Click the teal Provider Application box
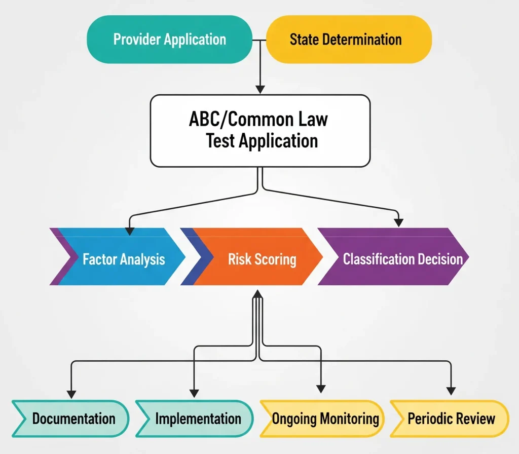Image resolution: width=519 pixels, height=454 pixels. click(169, 40)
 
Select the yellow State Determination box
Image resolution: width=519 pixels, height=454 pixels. click(349, 40)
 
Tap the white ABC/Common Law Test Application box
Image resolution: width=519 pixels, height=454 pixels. click(260, 131)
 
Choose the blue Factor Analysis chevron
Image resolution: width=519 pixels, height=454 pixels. click(118, 256)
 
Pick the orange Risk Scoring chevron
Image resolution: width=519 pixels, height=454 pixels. click(251, 256)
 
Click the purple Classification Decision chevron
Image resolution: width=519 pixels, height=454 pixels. click(393, 256)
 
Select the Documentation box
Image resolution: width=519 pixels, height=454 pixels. click(70, 419)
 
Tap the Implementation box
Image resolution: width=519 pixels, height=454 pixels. click(195, 419)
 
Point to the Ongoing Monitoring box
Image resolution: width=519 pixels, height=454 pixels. click(322, 419)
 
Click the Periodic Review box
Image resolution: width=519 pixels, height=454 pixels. click(450, 419)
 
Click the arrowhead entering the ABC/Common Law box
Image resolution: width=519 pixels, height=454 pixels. click(260, 89)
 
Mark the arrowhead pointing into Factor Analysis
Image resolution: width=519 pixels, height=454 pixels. click(129, 231)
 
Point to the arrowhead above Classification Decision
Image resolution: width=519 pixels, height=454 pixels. click(398, 223)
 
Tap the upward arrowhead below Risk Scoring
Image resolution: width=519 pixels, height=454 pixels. click(257, 294)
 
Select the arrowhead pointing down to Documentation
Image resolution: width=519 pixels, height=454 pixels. click(71, 394)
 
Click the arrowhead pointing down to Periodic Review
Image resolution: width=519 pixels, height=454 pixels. click(451, 391)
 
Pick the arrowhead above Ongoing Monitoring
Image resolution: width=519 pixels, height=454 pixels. click(321, 389)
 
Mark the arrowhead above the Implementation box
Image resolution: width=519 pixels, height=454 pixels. click(194, 393)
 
